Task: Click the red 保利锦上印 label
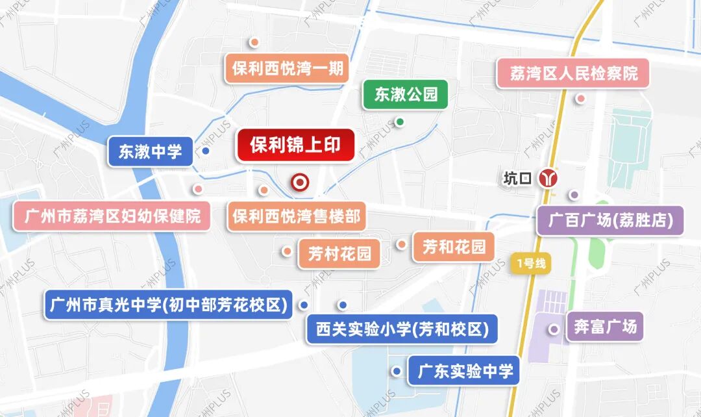[x=295, y=145]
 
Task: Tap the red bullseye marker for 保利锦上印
[x=300, y=183]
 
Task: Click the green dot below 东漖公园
[x=400, y=121]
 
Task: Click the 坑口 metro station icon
[x=549, y=178]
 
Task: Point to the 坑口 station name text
[x=518, y=179]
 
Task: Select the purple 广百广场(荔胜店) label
[x=610, y=221]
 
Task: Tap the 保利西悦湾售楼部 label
[x=296, y=216]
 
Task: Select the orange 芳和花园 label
[x=454, y=247]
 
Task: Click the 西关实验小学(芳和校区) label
[x=402, y=329]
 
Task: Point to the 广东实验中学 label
[x=465, y=371]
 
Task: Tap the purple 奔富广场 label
[x=605, y=327]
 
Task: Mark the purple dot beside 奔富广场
[x=554, y=329]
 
